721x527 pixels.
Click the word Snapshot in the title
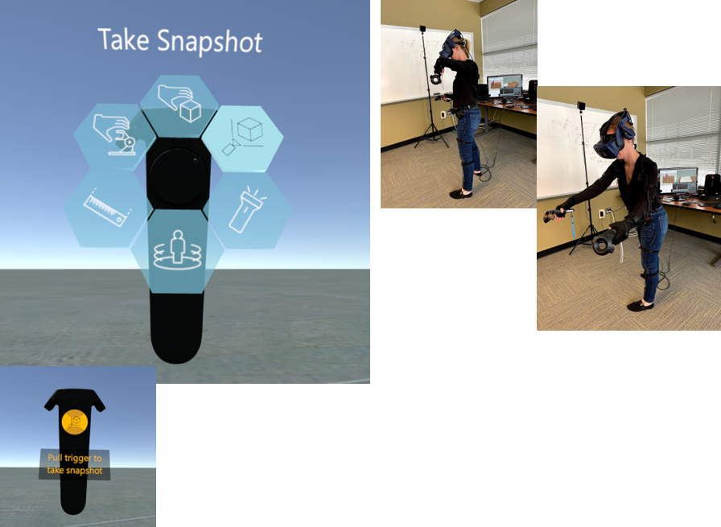[210, 43]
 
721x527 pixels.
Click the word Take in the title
[124, 39]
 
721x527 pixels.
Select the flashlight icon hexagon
[249, 211]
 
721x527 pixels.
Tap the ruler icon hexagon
[107, 209]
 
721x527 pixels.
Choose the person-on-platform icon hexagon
[177, 251]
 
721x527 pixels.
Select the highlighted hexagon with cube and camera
[242, 138]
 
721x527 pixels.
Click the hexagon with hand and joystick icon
[115, 137]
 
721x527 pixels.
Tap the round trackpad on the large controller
[177, 176]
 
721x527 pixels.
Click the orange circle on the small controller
[75, 422]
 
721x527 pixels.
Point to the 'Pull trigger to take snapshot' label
[75, 464]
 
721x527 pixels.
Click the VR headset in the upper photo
[452, 44]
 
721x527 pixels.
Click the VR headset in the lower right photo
[615, 134]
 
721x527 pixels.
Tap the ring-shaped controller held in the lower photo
[604, 241]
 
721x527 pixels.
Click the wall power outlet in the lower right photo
[601, 213]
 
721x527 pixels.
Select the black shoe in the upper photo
[460, 194]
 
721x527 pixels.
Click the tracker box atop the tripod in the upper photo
[422, 28]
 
